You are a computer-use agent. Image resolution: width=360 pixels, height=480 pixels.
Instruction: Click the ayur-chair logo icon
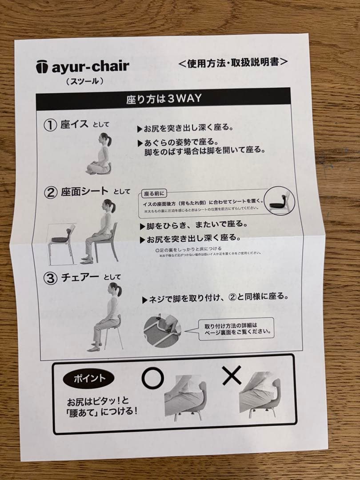pyautogui.click(x=41, y=68)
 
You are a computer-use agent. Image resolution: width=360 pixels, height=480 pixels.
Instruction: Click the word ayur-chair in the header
pyautogui.click(x=90, y=67)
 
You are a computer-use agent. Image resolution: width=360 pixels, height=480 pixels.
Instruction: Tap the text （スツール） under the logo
pyautogui.click(x=84, y=81)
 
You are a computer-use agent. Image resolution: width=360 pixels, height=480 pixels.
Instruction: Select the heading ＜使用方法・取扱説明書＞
pyautogui.click(x=233, y=62)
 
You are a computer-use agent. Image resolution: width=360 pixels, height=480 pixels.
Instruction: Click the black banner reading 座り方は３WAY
pyautogui.click(x=163, y=99)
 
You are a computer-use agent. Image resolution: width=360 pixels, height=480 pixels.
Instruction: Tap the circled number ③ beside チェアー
pyautogui.click(x=50, y=278)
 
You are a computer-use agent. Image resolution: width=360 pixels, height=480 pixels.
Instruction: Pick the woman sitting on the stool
pyautogui.click(x=107, y=316)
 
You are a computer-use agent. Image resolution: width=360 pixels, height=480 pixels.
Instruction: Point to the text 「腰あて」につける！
pyautogui.click(x=102, y=411)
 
